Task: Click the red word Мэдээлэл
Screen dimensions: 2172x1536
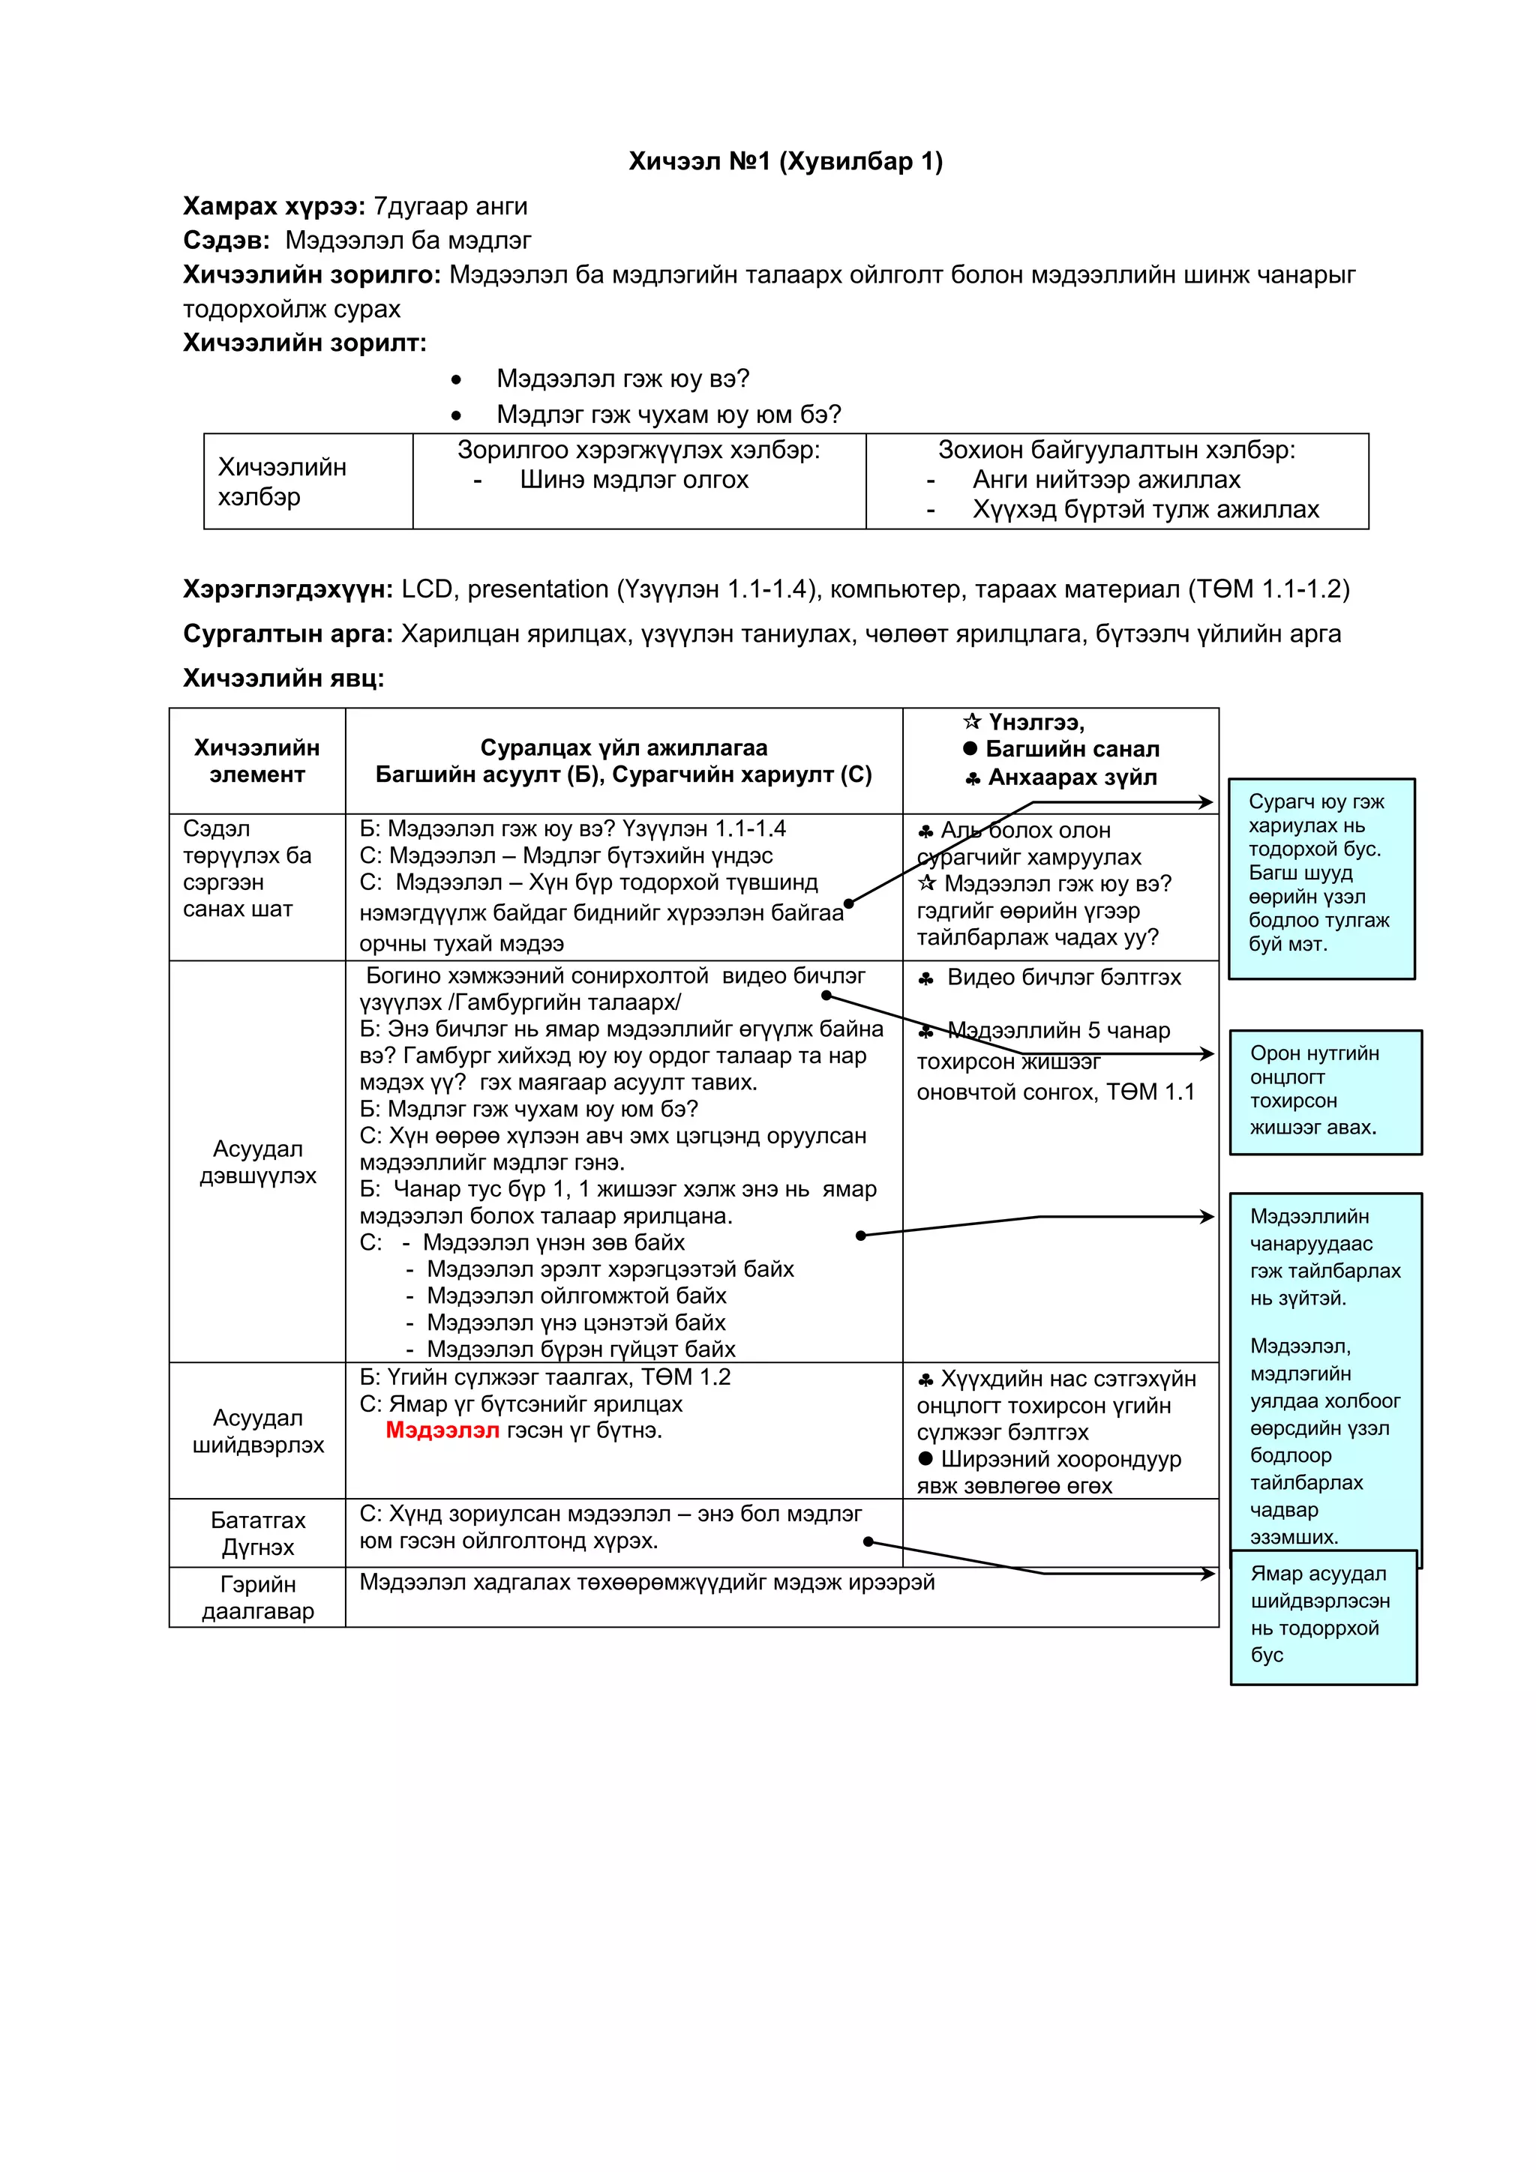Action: click(x=442, y=1430)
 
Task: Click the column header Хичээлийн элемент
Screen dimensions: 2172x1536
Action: click(x=256, y=760)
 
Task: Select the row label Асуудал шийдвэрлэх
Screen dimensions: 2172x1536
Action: click(x=257, y=1431)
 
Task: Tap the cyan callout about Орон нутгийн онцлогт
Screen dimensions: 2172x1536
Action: click(x=1325, y=1091)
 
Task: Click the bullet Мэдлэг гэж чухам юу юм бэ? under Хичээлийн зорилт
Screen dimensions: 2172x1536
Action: click(x=668, y=415)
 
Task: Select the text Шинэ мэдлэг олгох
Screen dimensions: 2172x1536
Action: click(x=633, y=480)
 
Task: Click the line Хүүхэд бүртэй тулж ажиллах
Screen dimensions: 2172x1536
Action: click(x=1145, y=510)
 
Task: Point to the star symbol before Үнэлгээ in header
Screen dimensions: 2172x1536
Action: click(x=972, y=722)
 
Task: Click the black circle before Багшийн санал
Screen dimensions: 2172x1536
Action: click(x=970, y=748)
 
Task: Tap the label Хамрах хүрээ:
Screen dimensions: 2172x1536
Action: click(x=274, y=206)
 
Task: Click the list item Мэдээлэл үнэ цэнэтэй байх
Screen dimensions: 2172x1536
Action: click(x=575, y=1322)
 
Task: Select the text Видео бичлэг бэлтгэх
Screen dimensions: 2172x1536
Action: click(x=1063, y=977)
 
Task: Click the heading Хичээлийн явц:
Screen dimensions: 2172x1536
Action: click(x=283, y=679)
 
